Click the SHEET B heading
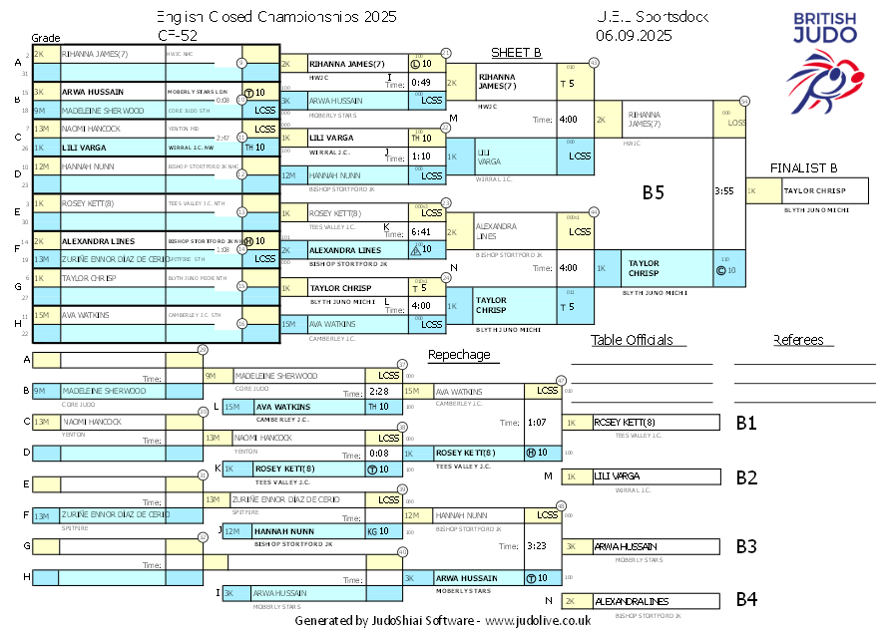tap(516, 53)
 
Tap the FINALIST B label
tap(803, 167)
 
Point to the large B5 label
tap(653, 192)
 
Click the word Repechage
tap(459, 355)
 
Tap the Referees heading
tap(798, 341)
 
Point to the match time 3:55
tap(724, 190)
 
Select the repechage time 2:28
tap(378, 392)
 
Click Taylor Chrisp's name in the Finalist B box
tap(814, 190)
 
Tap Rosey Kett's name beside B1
tap(625, 422)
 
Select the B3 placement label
tap(746, 546)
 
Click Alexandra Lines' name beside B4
tap(631, 601)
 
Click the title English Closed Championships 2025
tap(276, 17)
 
